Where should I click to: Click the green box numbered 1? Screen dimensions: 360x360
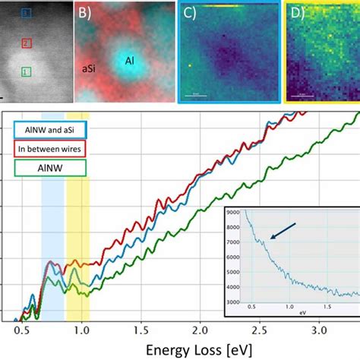coord(27,72)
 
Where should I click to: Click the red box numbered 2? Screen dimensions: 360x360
coord(27,43)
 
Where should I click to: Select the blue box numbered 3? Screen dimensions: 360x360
coord(27,14)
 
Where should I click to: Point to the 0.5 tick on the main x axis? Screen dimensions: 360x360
coord(18,330)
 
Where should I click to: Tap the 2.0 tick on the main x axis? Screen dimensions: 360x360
coord(200,330)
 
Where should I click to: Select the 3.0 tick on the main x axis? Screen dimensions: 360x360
coord(320,330)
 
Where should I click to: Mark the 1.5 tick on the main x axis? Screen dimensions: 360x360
coord(140,330)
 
